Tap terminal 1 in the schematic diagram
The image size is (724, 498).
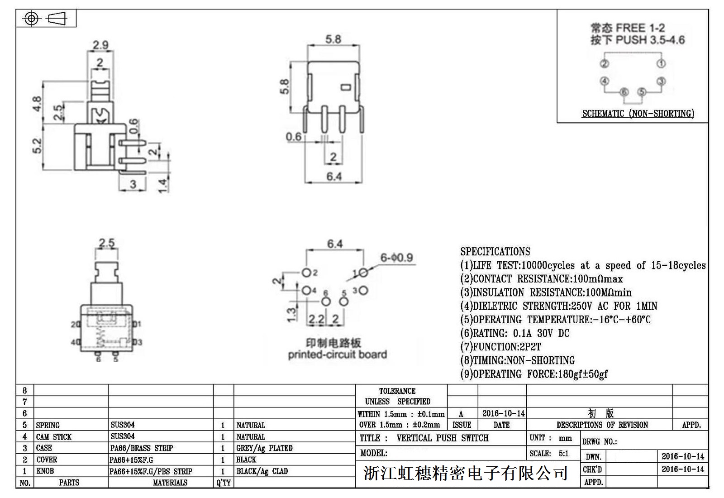[661, 64]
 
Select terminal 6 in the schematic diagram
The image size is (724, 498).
[624, 92]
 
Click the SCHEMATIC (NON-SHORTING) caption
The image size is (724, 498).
[638, 114]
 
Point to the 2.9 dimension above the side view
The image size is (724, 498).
[100, 45]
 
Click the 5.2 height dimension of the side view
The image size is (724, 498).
[37, 146]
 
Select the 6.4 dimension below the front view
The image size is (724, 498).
[334, 176]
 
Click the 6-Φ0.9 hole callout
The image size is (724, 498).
[396, 258]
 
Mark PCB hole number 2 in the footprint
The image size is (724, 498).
[306, 273]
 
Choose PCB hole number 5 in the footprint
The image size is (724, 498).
[343, 302]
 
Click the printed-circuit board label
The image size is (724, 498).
[337, 354]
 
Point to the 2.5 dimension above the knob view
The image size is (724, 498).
[107, 244]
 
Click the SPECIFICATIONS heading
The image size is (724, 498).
[495, 252]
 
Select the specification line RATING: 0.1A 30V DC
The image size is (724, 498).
[515, 334]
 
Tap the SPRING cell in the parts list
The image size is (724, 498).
[48, 425]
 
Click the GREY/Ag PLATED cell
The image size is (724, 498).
[264, 448]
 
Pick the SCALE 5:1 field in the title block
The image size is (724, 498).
[549, 454]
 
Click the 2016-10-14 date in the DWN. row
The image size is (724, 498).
[683, 456]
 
